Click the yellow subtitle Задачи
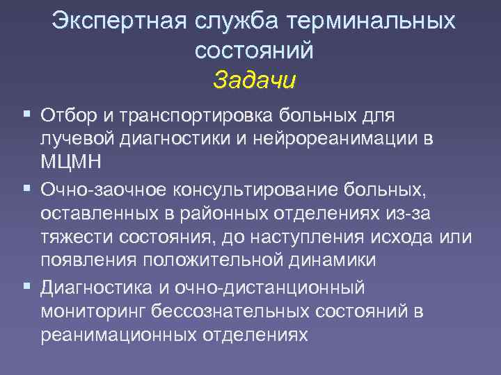tap(255, 79)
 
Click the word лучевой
tap(73, 138)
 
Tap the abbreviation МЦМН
tap(71, 162)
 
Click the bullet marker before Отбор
tap(26, 112)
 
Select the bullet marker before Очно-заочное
tap(26, 187)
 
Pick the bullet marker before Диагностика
tap(26, 285)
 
